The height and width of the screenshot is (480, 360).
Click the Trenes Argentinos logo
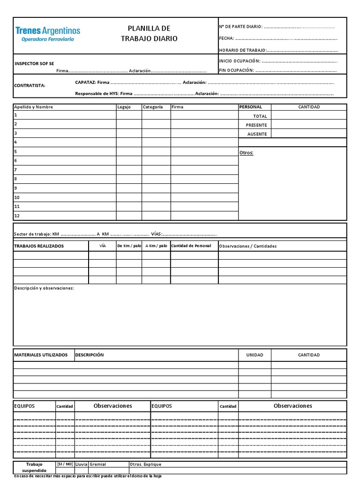(48, 34)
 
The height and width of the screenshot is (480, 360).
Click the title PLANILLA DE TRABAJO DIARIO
(149, 34)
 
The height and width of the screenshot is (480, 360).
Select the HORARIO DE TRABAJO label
(242, 50)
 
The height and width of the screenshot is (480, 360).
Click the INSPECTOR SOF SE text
(34, 63)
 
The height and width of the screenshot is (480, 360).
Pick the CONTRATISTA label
(30, 85)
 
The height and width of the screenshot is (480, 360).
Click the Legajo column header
(124, 107)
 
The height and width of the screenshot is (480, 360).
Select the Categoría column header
(153, 107)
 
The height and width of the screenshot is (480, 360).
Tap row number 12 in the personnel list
(17, 216)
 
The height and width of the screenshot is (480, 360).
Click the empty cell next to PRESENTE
(308, 125)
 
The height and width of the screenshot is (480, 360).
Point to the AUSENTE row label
(257, 134)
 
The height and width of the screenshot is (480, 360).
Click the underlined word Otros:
(246, 153)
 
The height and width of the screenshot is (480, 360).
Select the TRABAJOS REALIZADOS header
(39, 246)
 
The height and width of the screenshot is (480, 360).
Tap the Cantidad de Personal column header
(191, 246)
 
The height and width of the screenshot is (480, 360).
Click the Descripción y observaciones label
(44, 288)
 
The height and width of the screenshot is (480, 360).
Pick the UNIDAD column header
(255, 355)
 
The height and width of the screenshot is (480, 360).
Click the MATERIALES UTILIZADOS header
(41, 355)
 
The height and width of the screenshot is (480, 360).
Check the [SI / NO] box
(65, 464)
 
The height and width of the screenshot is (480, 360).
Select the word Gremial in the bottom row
(97, 464)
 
